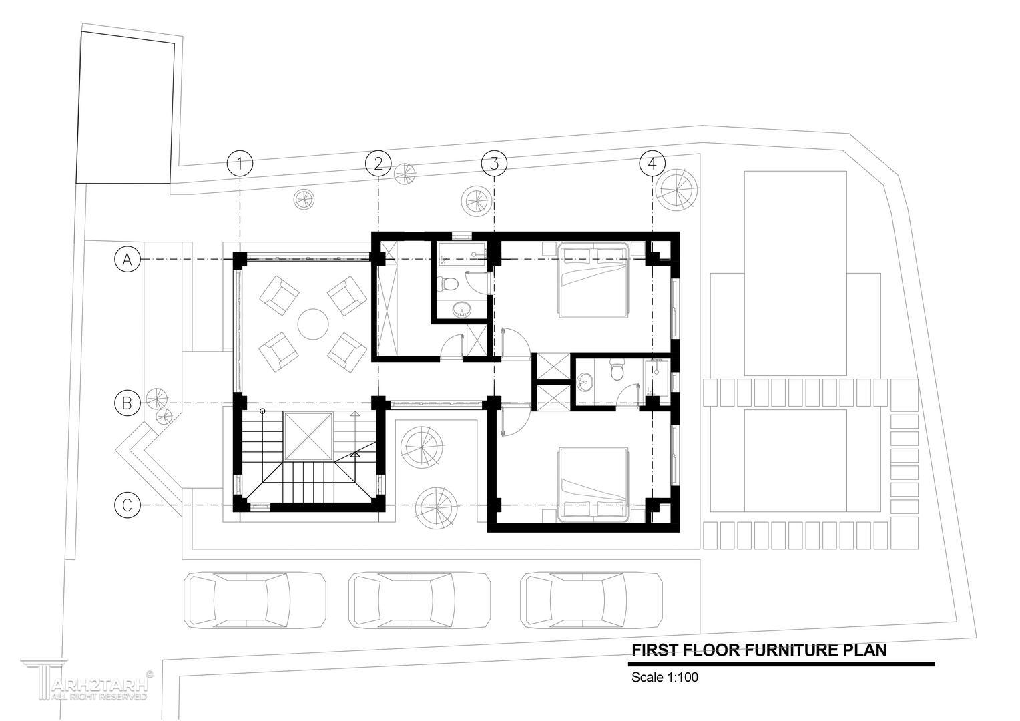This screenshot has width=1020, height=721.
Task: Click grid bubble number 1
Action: pos(240,163)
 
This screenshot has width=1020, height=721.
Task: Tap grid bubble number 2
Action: pos(378,163)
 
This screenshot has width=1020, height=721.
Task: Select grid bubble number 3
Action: pos(494,163)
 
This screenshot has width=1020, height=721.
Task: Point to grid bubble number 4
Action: pos(652,163)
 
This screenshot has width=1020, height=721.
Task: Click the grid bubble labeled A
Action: pos(127,259)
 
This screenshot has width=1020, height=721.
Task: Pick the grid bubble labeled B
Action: pos(127,403)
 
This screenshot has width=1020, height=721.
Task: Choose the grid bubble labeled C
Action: pos(127,505)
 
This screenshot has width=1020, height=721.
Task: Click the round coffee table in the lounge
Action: pos(313,324)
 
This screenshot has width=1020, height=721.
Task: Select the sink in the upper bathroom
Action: pos(463,310)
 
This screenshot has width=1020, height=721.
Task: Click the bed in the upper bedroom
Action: pos(594,280)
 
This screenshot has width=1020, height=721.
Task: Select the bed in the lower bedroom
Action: pos(594,484)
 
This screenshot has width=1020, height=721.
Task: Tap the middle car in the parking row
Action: pos(420,600)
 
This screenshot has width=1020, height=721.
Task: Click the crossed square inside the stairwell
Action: pos(308,437)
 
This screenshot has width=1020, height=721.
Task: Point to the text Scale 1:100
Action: pos(664,678)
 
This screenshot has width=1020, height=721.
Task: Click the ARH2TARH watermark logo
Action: pos(87,680)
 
